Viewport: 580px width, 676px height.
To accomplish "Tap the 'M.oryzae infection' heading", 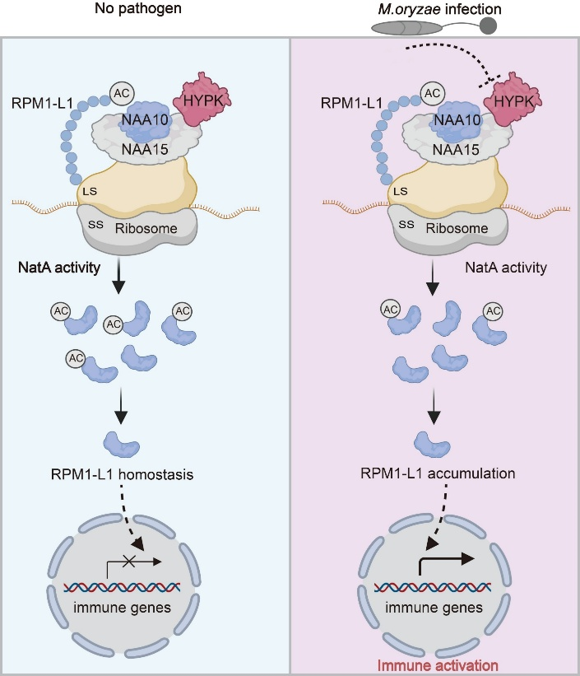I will (435, 11).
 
